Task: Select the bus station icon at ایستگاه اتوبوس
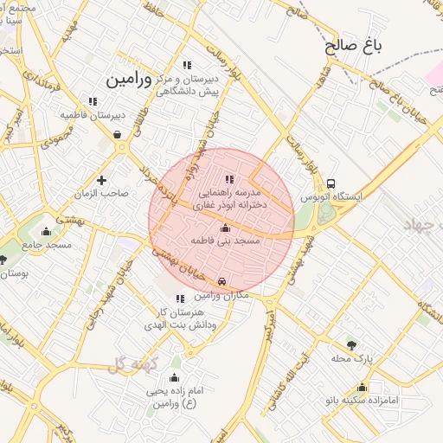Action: tap(331, 183)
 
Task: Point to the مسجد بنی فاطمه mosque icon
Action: tap(226, 228)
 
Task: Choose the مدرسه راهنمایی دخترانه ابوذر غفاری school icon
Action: tap(229, 179)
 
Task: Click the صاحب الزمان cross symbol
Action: tap(102, 180)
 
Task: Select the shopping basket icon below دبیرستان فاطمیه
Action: tap(117, 134)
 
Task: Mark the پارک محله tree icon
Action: tap(350, 344)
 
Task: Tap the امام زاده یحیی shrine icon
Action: tap(174, 378)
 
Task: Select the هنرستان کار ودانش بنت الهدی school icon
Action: tap(180, 299)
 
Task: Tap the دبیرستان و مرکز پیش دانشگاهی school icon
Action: tap(187, 65)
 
